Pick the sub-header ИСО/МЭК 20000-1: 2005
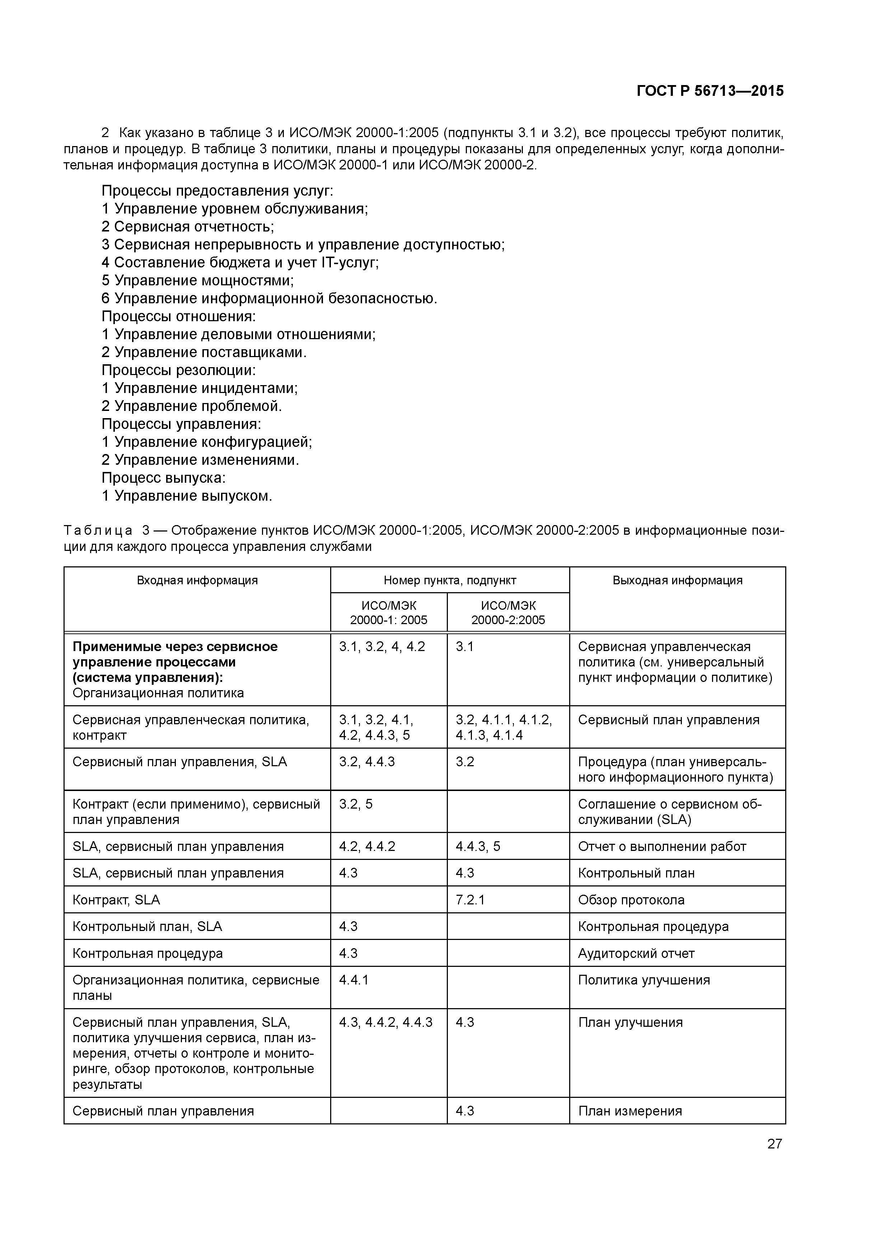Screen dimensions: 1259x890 pos(389,613)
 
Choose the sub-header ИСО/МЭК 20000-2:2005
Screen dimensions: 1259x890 pos(508,613)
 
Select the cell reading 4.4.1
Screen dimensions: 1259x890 pos(354,980)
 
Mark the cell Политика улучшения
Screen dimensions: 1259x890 pos(644,980)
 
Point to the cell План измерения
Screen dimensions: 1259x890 pos(630,1111)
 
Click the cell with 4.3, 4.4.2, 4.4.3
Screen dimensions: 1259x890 pos(385,1022)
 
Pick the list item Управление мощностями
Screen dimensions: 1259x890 pos(203,281)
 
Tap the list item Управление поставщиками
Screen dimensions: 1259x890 pos(210,352)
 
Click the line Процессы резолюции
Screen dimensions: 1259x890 pos(179,370)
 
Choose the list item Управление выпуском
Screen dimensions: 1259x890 pos(193,496)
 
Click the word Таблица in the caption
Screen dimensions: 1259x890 pos(98,530)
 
